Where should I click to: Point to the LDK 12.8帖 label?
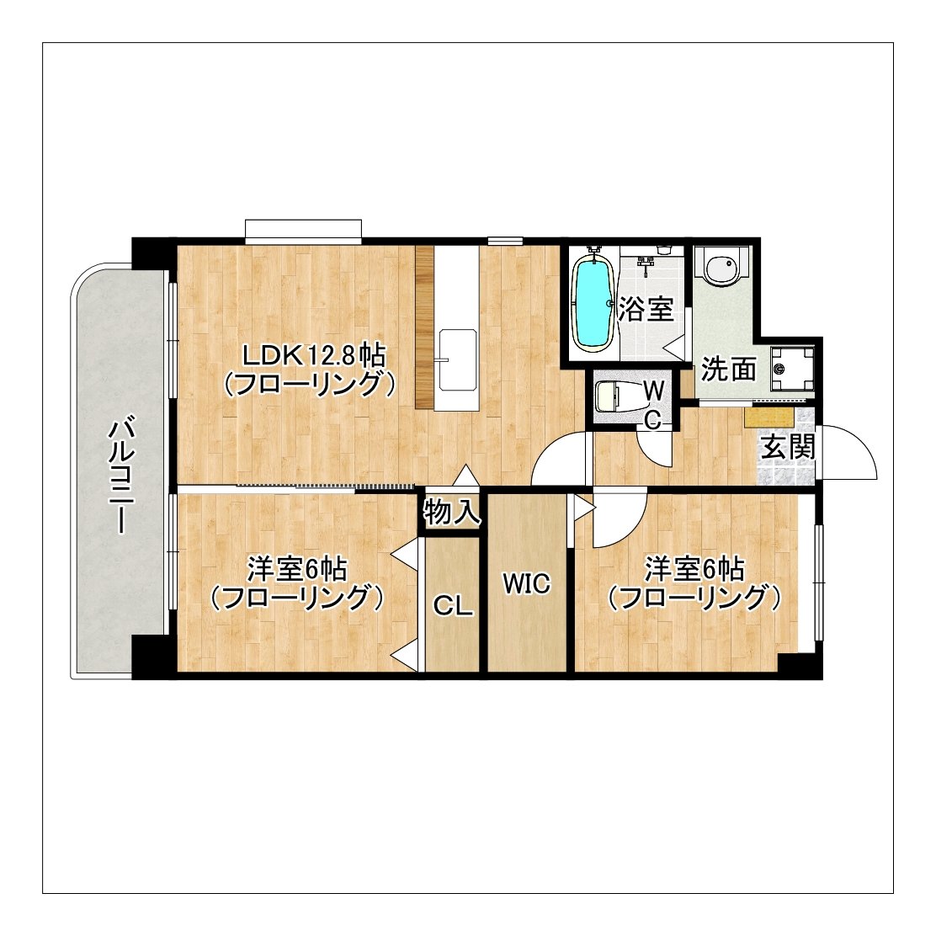309,354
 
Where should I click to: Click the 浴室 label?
646,310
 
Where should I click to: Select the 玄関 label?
789,447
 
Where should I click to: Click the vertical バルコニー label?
120,474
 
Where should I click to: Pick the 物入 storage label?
452,512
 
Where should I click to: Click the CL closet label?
452,606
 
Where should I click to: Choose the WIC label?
526,583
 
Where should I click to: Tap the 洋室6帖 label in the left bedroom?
297,569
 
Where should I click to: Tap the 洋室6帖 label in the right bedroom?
694,569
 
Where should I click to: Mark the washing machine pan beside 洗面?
790,368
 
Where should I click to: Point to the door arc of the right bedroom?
619,518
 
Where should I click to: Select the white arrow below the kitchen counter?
465,476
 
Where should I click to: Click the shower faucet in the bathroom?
646,264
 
